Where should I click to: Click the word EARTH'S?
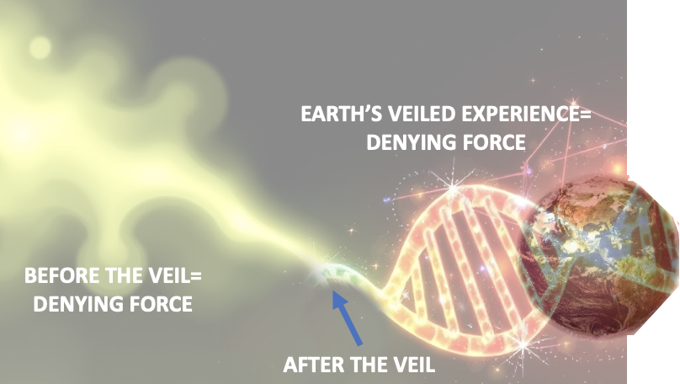coord(342,115)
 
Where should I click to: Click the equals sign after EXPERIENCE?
coord(586,115)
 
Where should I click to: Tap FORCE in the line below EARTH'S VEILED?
coord(489,142)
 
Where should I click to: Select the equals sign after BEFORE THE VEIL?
coord(196,276)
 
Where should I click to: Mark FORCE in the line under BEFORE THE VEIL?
coord(157,304)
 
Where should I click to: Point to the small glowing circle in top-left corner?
coord(40,47)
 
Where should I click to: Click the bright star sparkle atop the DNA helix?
coord(453,187)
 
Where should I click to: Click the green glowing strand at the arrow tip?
coord(338,274)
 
